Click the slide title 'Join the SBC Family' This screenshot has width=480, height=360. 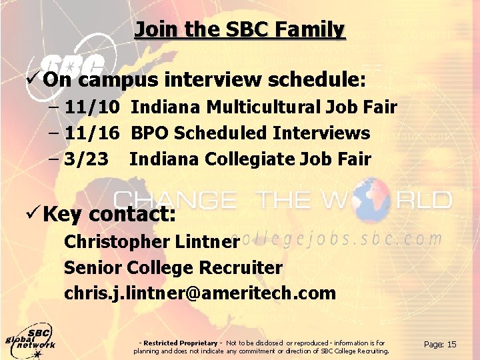coord(240,30)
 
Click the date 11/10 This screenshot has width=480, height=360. coord(93,107)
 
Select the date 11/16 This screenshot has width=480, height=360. coord(93,133)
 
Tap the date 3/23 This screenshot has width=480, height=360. coord(87,159)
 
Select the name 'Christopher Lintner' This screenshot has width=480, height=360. coord(151,241)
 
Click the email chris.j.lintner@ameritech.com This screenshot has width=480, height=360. coord(200,293)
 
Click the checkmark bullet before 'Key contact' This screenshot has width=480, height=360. coord(36,214)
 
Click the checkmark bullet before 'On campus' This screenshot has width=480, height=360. coord(36,80)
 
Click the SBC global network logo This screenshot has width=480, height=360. coord(30,339)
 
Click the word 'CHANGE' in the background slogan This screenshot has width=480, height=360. coord(175,199)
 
